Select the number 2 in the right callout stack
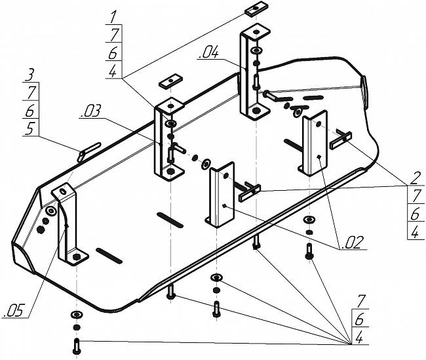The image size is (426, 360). [x=415, y=178]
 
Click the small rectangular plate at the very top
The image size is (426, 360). [x=254, y=9]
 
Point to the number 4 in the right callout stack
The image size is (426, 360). [x=415, y=233]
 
